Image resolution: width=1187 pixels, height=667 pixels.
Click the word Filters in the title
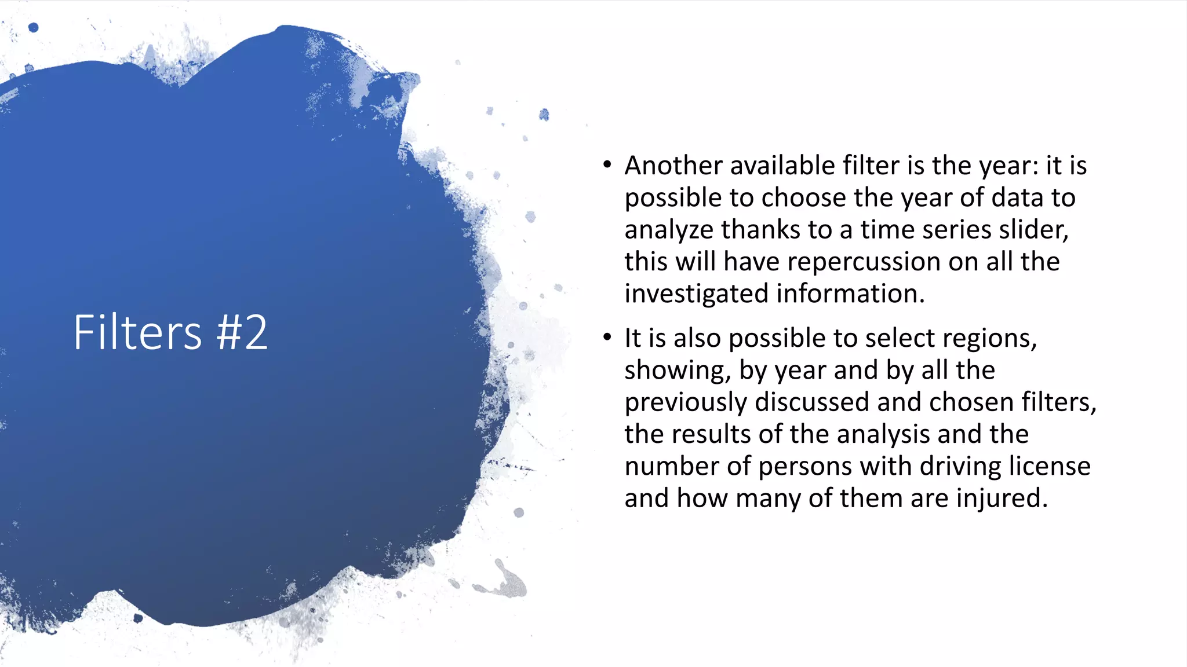click(x=137, y=332)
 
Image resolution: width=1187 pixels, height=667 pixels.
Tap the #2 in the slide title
click(x=242, y=332)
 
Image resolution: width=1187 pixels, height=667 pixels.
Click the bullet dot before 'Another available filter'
click(x=607, y=165)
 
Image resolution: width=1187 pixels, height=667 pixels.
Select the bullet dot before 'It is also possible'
click(x=607, y=338)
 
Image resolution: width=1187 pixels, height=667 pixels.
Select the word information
click(x=850, y=294)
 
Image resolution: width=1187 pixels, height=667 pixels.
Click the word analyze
click(x=669, y=230)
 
